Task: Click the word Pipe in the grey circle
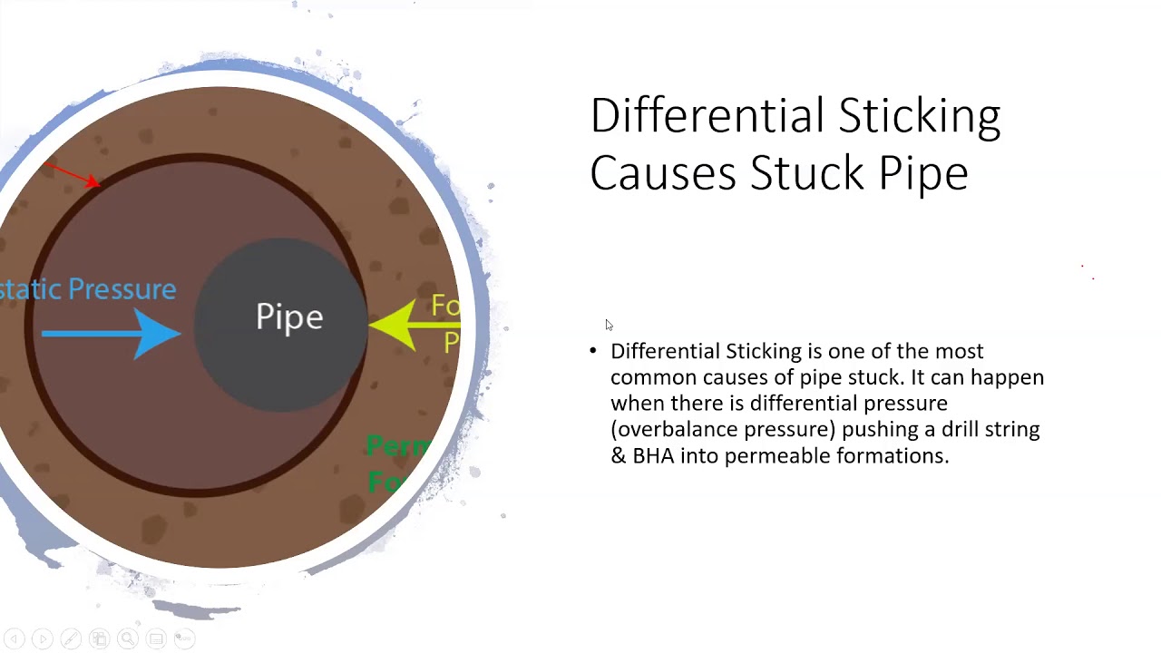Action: tap(289, 317)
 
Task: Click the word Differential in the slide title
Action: tap(707, 117)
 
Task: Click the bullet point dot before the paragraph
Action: tap(593, 351)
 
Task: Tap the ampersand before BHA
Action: tap(619, 455)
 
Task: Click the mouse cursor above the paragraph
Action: tap(609, 325)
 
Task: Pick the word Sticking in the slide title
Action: tap(919, 117)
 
